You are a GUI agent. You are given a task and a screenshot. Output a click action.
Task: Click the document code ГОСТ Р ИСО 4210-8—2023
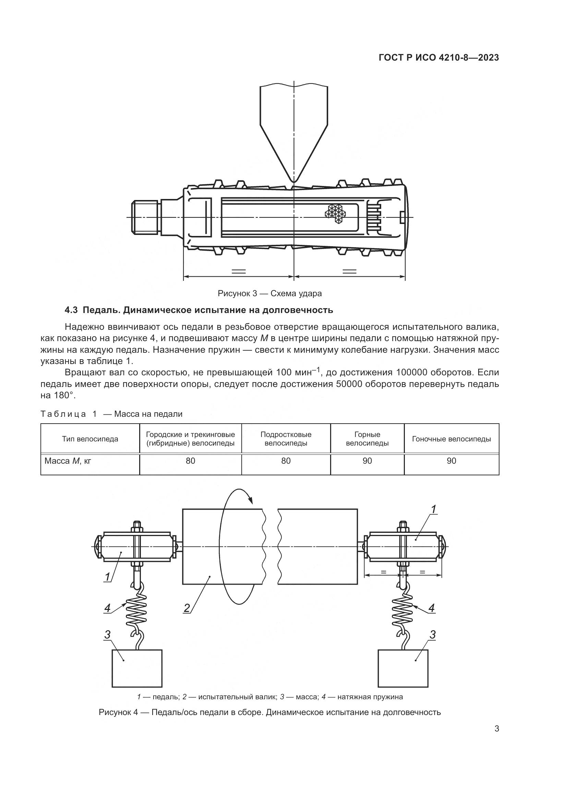[x=438, y=58]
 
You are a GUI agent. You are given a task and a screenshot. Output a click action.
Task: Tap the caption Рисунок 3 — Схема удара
[x=269, y=293]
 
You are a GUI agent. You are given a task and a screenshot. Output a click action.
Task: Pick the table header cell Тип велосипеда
[x=90, y=439]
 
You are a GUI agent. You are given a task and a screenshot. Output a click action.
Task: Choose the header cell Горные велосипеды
[x=367, y=439]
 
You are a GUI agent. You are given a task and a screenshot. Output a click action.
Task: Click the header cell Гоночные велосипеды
[x=451, y=439]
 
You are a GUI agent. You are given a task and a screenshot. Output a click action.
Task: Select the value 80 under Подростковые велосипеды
[x=286, y=461]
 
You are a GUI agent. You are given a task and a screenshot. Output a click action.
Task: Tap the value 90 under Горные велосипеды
[x=367, y=461]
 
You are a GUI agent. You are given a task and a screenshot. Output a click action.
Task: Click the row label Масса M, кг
[x=68, y=461]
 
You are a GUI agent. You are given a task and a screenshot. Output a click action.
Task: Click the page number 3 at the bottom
[x=496, y=729]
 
